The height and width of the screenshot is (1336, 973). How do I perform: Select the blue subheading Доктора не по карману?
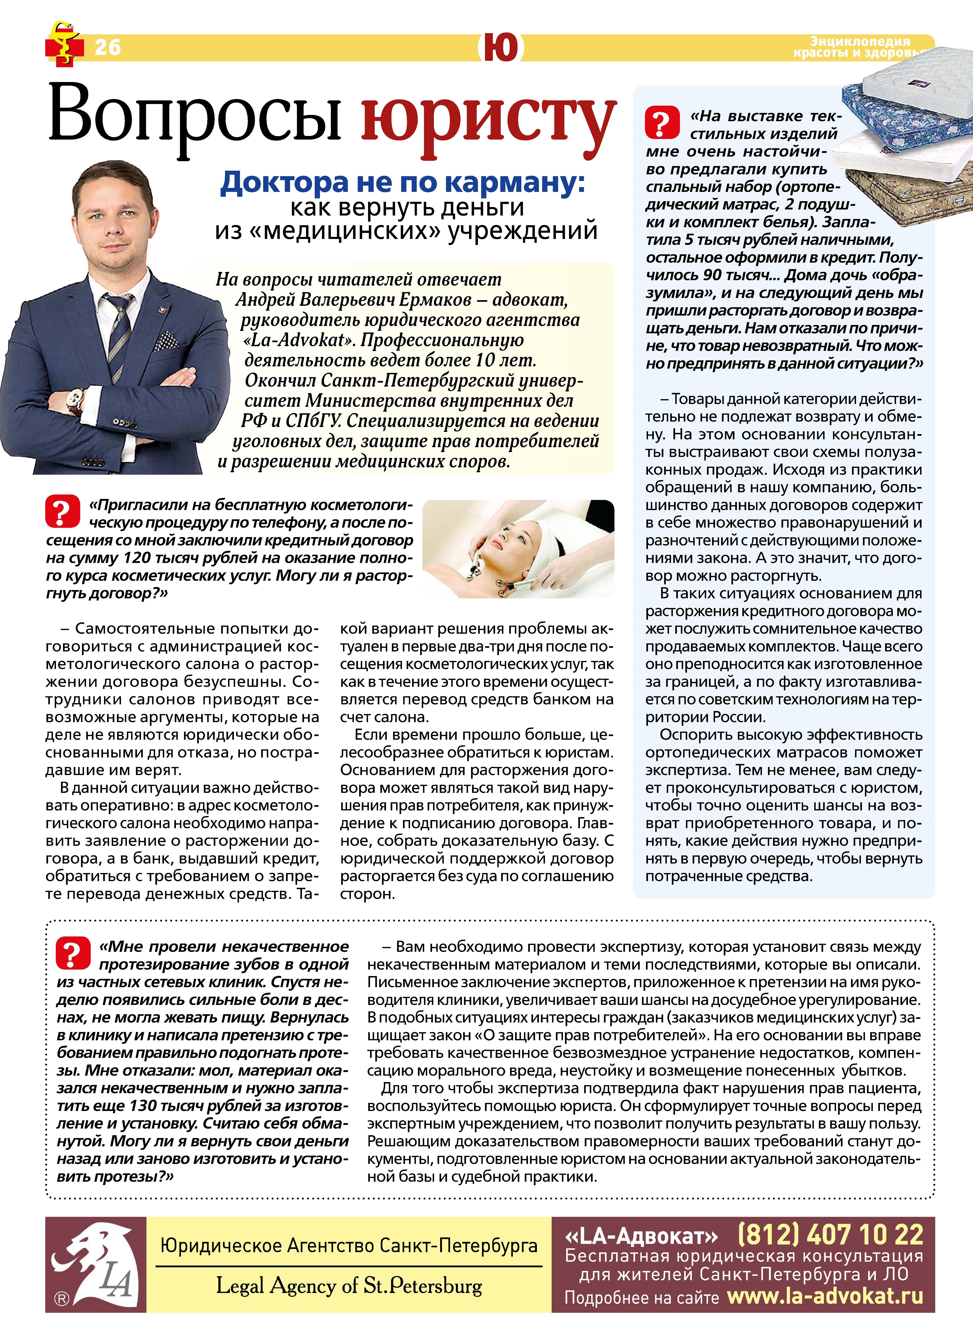(x=402, y=183)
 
